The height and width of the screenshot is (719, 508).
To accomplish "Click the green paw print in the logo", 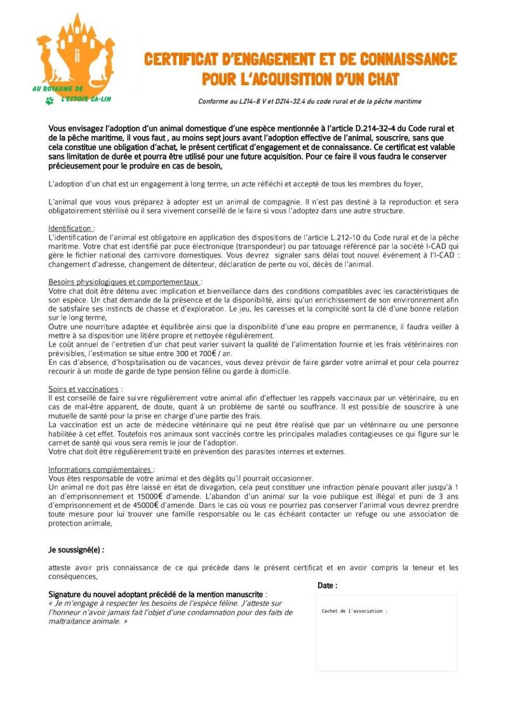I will click(50, 101).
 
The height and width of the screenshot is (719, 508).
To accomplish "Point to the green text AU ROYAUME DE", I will click(58, 89).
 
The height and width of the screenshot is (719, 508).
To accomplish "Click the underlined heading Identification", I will click(71, 228).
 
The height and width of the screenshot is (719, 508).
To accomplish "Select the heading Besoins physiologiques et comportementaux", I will click(125, 282).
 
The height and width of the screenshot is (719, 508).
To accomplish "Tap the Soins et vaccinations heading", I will click(85, 388).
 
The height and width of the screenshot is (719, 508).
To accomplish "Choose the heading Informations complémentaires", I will click(101, 469).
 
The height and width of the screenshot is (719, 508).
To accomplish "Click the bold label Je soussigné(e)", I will click(76, 549).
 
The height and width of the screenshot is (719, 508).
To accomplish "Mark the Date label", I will click(327, 585).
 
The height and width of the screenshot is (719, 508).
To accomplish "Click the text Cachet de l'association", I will click(354, 611).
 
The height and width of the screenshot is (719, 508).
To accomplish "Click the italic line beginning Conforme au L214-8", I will click(309, 101).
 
